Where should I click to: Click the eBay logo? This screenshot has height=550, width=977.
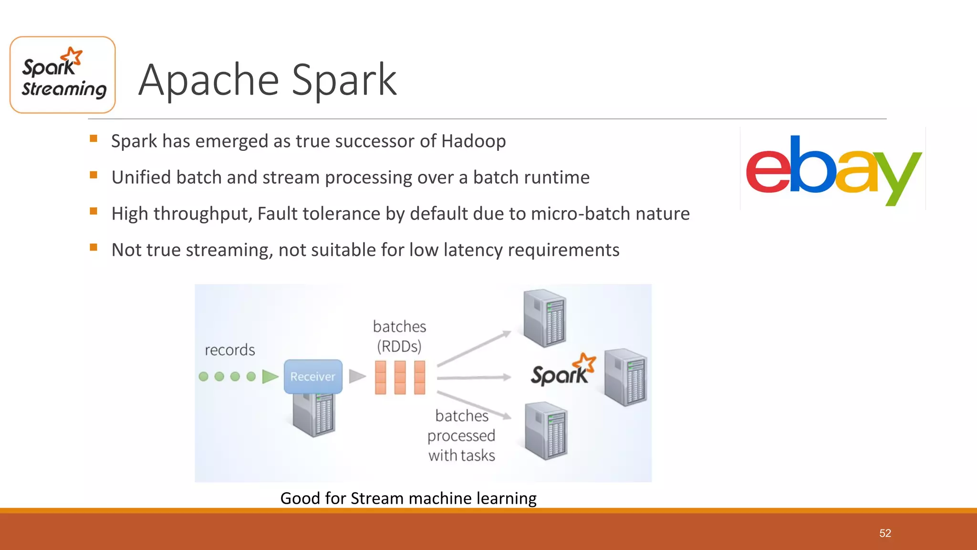click(x=833, y=169)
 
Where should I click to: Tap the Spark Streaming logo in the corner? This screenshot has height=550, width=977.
click(x=62, y=75)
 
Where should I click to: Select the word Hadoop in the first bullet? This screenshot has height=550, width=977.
click(x=473, y=141)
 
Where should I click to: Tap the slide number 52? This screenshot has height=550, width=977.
click(x=885, y=533)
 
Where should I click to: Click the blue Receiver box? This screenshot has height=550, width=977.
click(x=313, y=376)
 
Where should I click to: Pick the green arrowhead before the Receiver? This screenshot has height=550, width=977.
click(x=270, y=377)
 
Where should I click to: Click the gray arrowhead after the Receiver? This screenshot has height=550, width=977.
click(x=357, y=376)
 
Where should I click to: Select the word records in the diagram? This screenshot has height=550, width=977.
click(x=230, y=350)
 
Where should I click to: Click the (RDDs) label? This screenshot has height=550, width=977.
click(x=399, y=346)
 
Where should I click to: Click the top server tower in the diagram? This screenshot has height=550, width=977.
click(x=544, y=318)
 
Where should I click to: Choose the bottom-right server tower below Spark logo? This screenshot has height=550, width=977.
click(x=546, y=431)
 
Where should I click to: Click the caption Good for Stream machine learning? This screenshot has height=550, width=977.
click(x=408, y=498)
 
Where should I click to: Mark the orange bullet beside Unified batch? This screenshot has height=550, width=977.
click(x=94, y=175)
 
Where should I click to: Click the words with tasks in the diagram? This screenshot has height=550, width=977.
click(x=461, y=455)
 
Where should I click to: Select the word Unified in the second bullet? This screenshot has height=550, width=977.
click(x=141, y=178)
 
